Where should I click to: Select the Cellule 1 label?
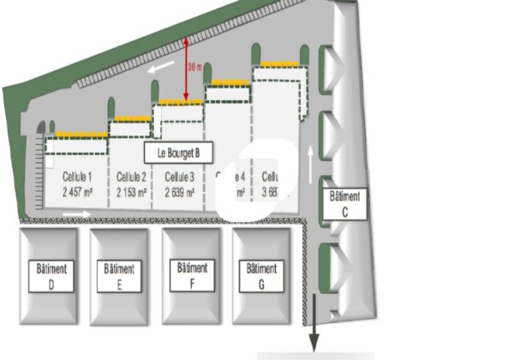tap(77, 177)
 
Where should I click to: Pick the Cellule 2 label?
tap(131, 177)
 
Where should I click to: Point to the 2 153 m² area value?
tap(131, 192)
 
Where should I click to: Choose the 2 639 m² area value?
tap(179, 192)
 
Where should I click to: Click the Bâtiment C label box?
tap(345, 202)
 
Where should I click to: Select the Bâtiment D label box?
tap(51, 274)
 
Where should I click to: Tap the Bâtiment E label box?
tap(118, 274)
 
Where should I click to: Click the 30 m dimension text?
tap(195, 67)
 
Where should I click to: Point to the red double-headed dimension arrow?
tap(186, 69)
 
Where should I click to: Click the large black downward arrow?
tap(315, 321)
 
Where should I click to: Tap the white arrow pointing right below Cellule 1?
tap(75, 214)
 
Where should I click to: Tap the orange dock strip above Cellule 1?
tap(80, 134)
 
